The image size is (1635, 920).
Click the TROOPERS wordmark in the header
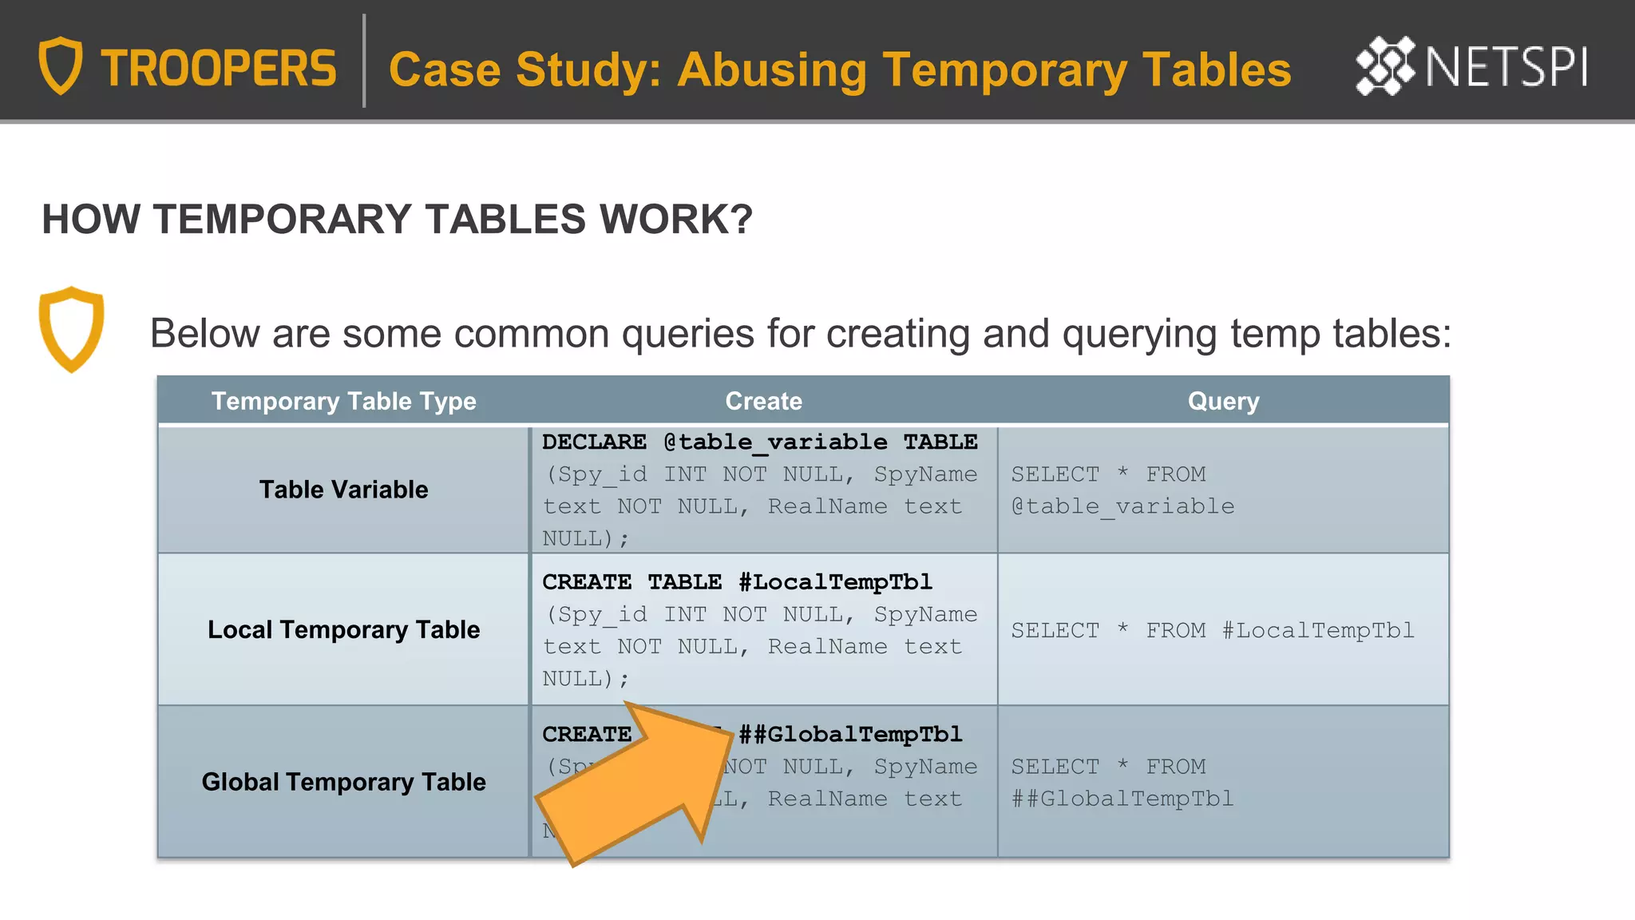click(x=218, y=68)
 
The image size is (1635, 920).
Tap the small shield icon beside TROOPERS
click(x=61, y=65)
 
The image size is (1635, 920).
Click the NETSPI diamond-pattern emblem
click(x=1385, y=66)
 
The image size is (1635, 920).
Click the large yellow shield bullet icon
click(x=71, y=328)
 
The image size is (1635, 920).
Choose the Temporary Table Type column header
click(x=343, y=401)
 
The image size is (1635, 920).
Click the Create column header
click(x=763, y=401)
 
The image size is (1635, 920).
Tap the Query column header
click(x=1223, y=401)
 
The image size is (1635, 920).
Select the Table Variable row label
click(x=343, y=490)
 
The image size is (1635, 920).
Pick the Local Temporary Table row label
click(x=343, y=629)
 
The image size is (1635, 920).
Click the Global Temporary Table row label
click(x=343, y=782)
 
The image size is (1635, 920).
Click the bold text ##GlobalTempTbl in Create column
click(x=850, y=734)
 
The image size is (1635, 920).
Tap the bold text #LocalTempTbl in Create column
click(x=835, y=581)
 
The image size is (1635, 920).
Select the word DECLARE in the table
click(x=594, y=442)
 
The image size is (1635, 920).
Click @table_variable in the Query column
click(x=1122, y=506)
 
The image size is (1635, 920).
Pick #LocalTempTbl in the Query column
click(x=1318, y=630)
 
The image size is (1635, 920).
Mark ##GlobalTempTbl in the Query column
click(x=1122, y=799)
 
